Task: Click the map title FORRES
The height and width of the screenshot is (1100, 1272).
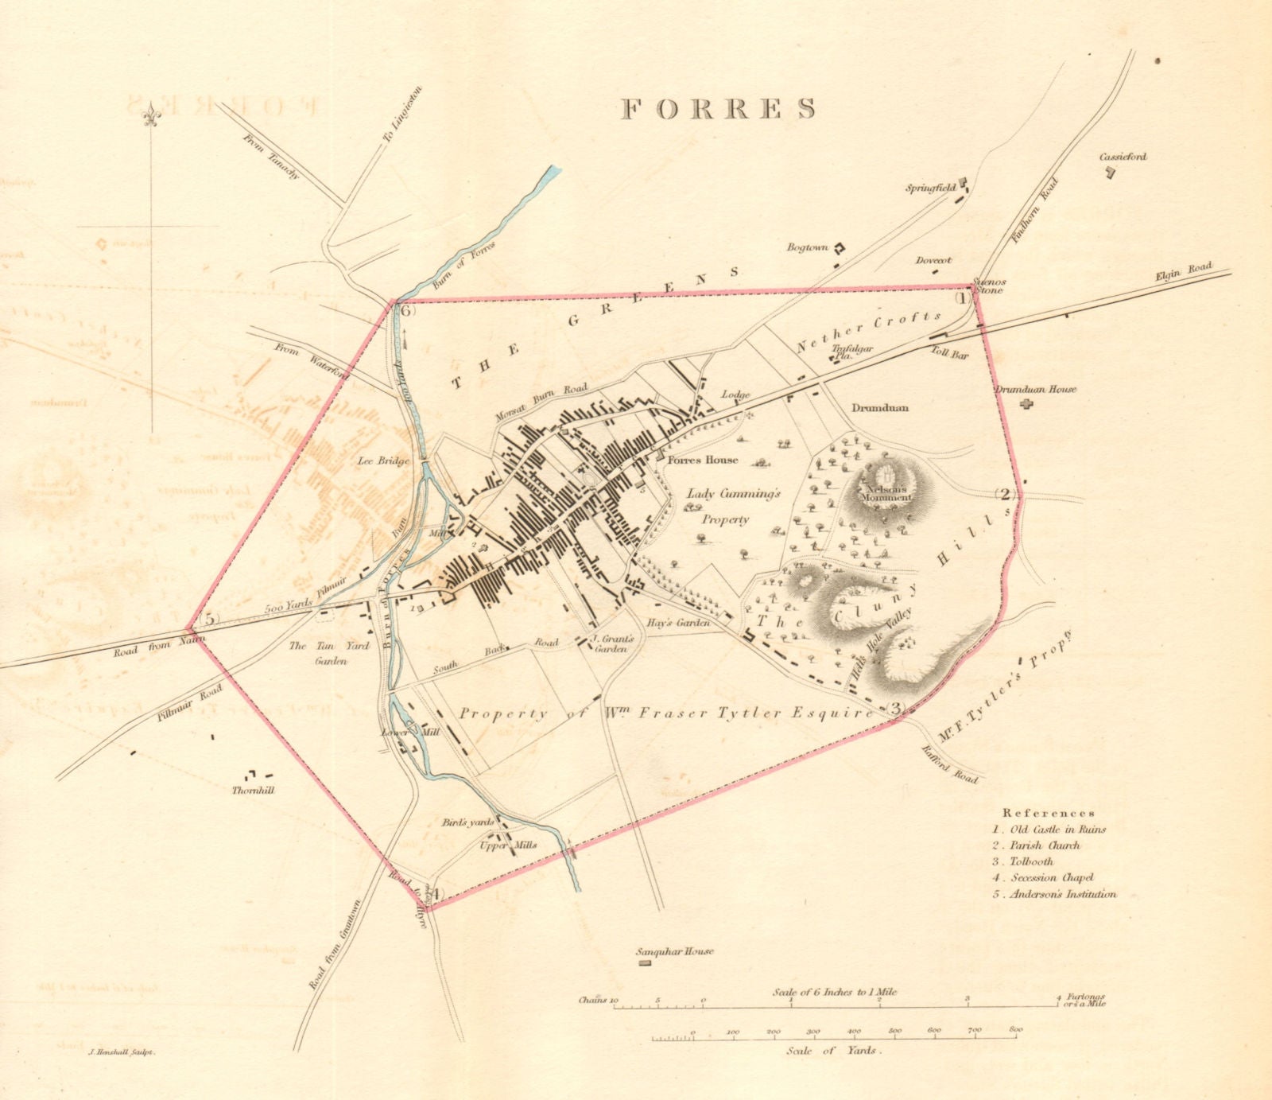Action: pos(718,109)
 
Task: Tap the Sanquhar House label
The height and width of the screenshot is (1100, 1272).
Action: pos(675,951)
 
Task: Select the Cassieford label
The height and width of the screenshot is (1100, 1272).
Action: pos(1123,157)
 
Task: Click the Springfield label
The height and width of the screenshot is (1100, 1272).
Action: pos(931,189)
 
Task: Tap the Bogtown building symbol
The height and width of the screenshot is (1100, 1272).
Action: pos(838,247)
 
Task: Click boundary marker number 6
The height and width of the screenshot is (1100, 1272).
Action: pos(406,311)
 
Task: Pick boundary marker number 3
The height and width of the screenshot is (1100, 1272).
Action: pos(896,709)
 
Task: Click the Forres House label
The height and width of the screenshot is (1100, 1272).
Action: pos(702,461)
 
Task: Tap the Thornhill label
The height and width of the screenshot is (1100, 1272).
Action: pos(253,791)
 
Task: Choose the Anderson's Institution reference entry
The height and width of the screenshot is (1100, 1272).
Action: pos(1054,894)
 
